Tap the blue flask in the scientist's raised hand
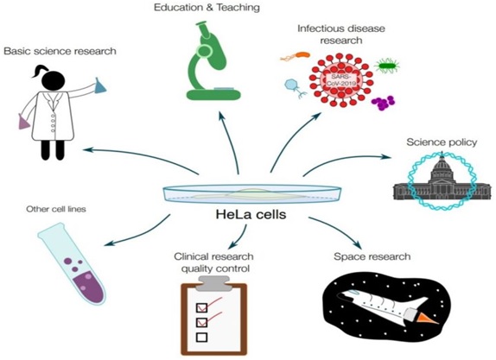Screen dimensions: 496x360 click(x=100, y=85)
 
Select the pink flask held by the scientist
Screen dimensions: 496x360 click(x=24, y=122)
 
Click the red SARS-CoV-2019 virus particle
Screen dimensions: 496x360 click(x=341, y=81)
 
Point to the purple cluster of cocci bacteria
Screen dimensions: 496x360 click(x=383, y=103)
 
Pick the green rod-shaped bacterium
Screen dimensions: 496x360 click(x=387, y=66)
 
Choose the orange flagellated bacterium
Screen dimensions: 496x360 click(x=296, y=56)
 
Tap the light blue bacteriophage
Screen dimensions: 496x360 click(x=295, y=87)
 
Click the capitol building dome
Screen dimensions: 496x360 click(x=442, y=167)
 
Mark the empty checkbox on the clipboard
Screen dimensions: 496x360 click(x=202, y=337)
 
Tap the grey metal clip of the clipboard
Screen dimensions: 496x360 click(x=213, y=283)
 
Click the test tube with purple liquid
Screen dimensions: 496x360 click(x=72, y=263)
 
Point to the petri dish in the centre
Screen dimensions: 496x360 click(x=252, y=193)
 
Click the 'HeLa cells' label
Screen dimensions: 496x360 click(x=251, y=215)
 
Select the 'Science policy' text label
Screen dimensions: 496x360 click(x=442, y=142)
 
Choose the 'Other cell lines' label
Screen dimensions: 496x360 click(x=56, y=209)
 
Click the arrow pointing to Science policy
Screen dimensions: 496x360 click(x=347, y=161)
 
